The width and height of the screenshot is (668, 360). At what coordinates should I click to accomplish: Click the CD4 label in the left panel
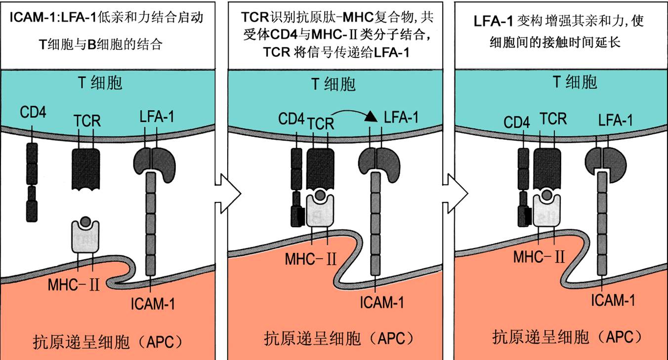tap(34, 113)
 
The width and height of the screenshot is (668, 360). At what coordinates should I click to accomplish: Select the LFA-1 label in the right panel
tap(616, 120)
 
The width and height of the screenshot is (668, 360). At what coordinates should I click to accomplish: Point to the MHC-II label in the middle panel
tap(311, 259)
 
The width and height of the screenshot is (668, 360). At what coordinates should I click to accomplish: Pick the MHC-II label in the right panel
tap(539, 257)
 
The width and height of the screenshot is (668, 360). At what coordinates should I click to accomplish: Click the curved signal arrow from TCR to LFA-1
tap(352, 114)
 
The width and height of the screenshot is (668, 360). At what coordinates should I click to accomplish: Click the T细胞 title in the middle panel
tap(334, 84)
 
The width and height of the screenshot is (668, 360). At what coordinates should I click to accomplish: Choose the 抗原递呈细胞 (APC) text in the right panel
tap(568, 337)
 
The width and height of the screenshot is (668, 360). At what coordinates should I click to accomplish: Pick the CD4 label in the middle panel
tap(292, 119)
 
